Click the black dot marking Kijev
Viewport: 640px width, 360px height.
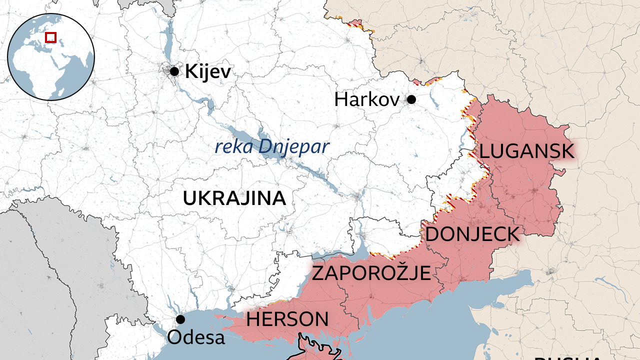click(x=174, y=71)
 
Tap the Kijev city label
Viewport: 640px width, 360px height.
click(x=208, y=72)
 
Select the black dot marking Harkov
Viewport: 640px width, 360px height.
click(x=411, y=99)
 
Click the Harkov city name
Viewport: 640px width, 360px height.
click(x=366, y=99)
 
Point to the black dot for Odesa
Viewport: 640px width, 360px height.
click(x=180, y=319)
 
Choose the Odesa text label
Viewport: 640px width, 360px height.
click(x=196, y=337)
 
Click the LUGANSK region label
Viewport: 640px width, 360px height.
click(x=527, y=151)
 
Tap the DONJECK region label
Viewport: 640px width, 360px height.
click(x=472, y=234)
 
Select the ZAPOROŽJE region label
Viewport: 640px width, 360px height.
click(x=371, y=273)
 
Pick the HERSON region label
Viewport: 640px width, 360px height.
click(x=287, y=319)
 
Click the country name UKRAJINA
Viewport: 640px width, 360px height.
click(x=234, y=198)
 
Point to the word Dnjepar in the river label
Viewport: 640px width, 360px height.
click(x=294, y=147)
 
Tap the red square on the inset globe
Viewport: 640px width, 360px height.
click(x=50, y=37)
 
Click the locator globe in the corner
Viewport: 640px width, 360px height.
click(x=51, y=56)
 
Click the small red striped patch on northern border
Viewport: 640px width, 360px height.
click(x=356, y=22)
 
